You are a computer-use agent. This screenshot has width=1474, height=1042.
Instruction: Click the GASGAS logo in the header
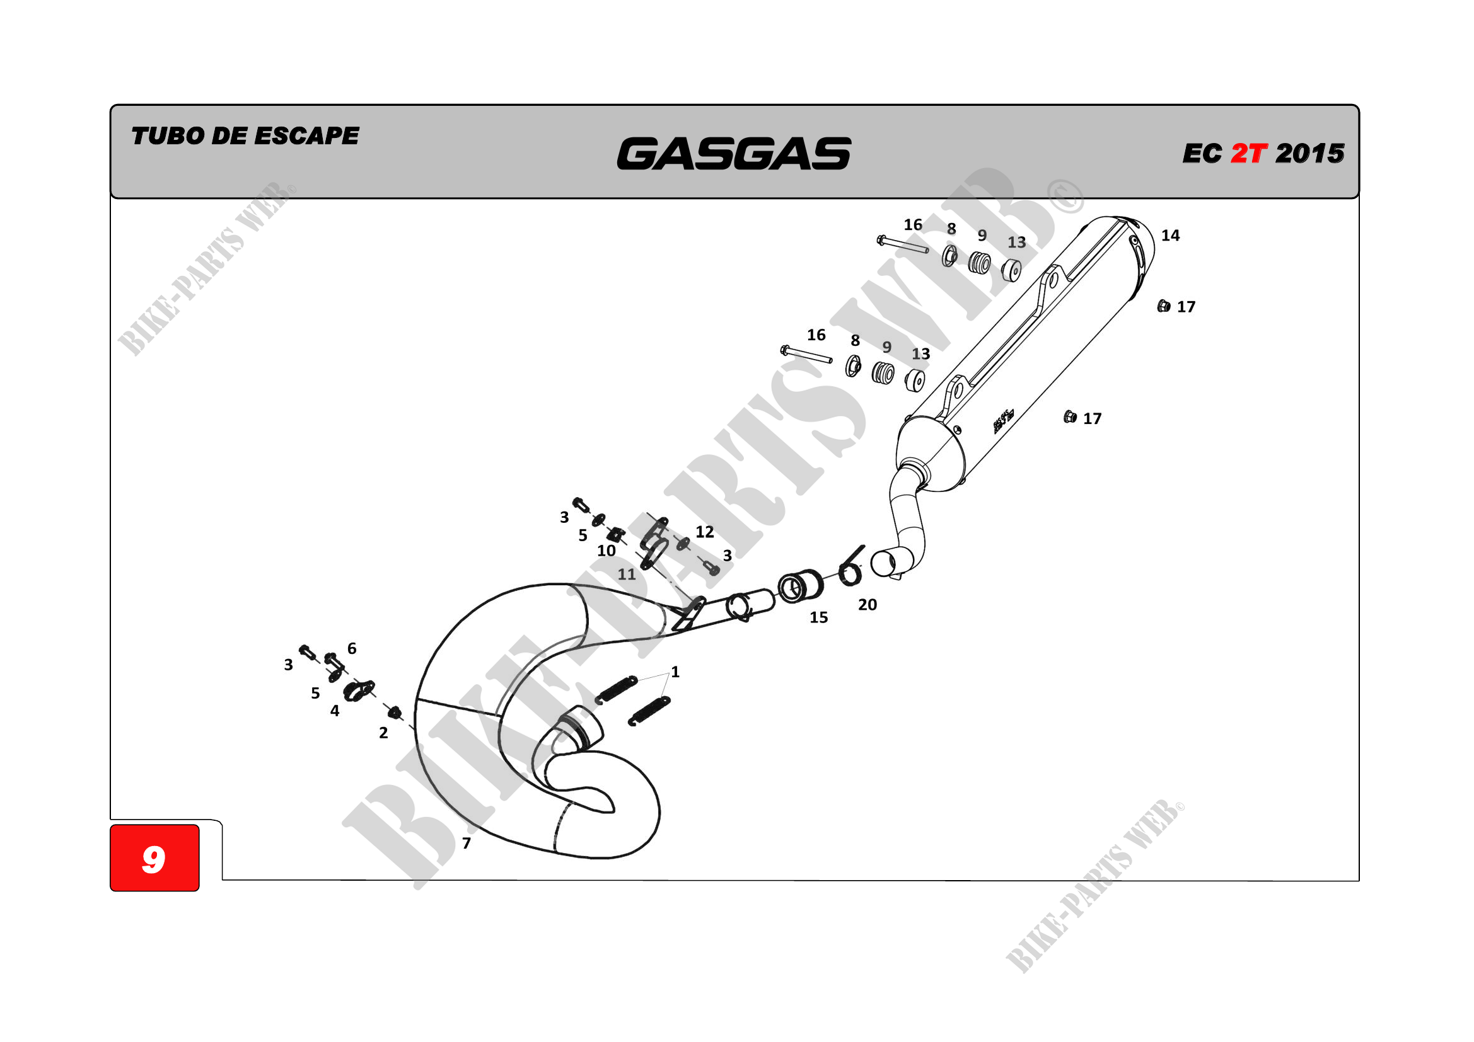point(733,154)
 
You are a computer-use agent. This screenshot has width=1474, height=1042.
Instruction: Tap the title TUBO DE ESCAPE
point(245,136)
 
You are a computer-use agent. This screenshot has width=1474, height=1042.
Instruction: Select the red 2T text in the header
point(1248,153)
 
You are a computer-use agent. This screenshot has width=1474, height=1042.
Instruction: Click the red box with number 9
point(154,858)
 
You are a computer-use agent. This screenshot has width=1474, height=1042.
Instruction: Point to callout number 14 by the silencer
point(1169,236)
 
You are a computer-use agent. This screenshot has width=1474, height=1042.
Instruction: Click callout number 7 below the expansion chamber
point(466,843)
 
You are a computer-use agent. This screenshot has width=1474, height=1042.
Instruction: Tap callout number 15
point(818,617)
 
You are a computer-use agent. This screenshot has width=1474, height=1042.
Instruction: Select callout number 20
point(867,604)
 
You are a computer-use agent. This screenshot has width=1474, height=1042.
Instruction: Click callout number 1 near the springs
point(675,672)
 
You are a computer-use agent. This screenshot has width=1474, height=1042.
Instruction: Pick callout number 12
point(704,531)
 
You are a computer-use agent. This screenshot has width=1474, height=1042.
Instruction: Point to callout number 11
point(627,575)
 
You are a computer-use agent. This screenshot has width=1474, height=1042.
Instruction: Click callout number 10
point(606,551)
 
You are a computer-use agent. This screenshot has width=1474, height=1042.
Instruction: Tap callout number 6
point(352,649)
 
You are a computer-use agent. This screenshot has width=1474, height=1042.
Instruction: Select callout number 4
point(335,710)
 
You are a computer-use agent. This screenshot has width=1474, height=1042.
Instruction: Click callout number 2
point(383,733)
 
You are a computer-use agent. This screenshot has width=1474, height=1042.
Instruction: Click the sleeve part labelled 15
point(800,586)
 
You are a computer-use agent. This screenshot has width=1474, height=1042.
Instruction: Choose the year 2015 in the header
point(1309,153)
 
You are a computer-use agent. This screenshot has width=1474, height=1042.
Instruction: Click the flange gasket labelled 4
point(357,690)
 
